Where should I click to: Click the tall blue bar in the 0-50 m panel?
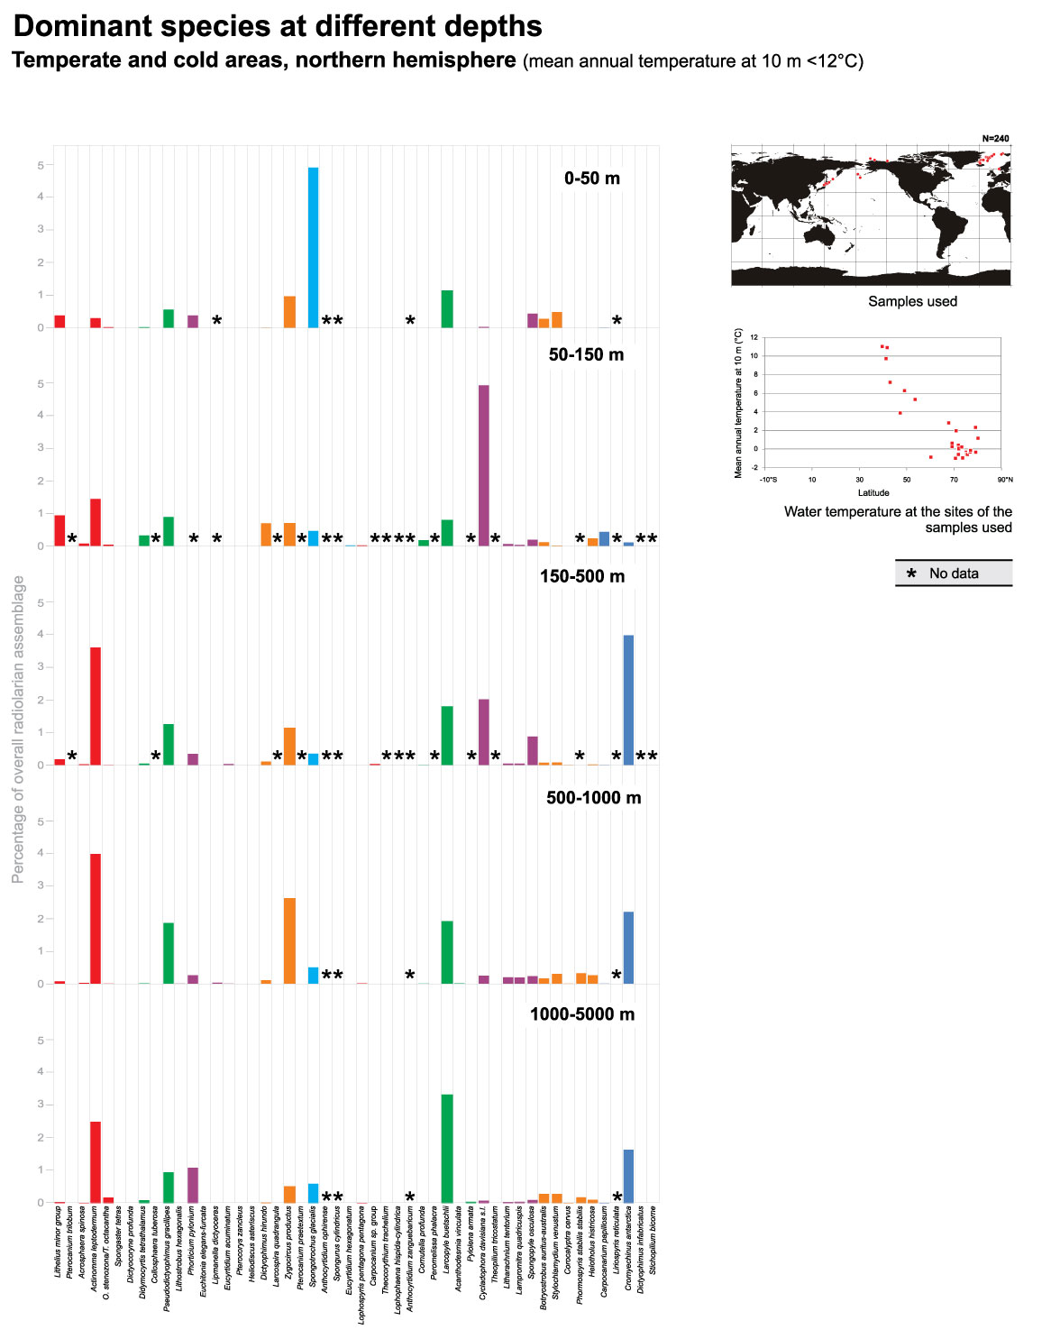coord(313,248)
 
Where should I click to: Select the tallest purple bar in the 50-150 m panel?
coord(484,465)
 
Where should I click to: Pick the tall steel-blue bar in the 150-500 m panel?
coord(628,700)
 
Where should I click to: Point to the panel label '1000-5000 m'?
coord(581,1014)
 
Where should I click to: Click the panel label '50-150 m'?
coord(586,354)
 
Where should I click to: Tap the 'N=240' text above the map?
coord(995,139)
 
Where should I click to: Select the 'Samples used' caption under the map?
coord(912,301)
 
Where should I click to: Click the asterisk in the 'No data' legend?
coord(911,574)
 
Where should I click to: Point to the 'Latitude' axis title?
coord(873,492)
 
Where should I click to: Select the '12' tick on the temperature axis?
coord(754,337)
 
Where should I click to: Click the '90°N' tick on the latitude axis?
coord(1005,480)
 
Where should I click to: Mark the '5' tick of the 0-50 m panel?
coord(41,165)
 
